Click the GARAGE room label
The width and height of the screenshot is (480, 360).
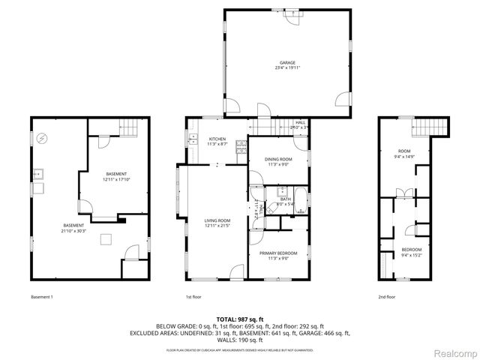click(x=286, y=63)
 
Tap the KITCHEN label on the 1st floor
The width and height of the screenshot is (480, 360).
click(x=217, y=139)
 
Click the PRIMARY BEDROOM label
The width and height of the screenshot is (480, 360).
click(x=278, y=253)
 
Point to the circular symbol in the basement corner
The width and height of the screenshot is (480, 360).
click(x=43, y=138)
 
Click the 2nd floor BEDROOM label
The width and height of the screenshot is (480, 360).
click(x=411, y=250)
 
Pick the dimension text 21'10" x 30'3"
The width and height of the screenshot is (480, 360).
click(x=73, y=231)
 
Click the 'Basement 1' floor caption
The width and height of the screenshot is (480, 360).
click(x=42, y=297)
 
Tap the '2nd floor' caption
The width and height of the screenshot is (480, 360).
click(x=388, y=297)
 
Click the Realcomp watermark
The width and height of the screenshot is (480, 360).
click(x=453, y=352)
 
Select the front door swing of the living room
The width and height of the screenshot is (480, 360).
click(x=236, y=271)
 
